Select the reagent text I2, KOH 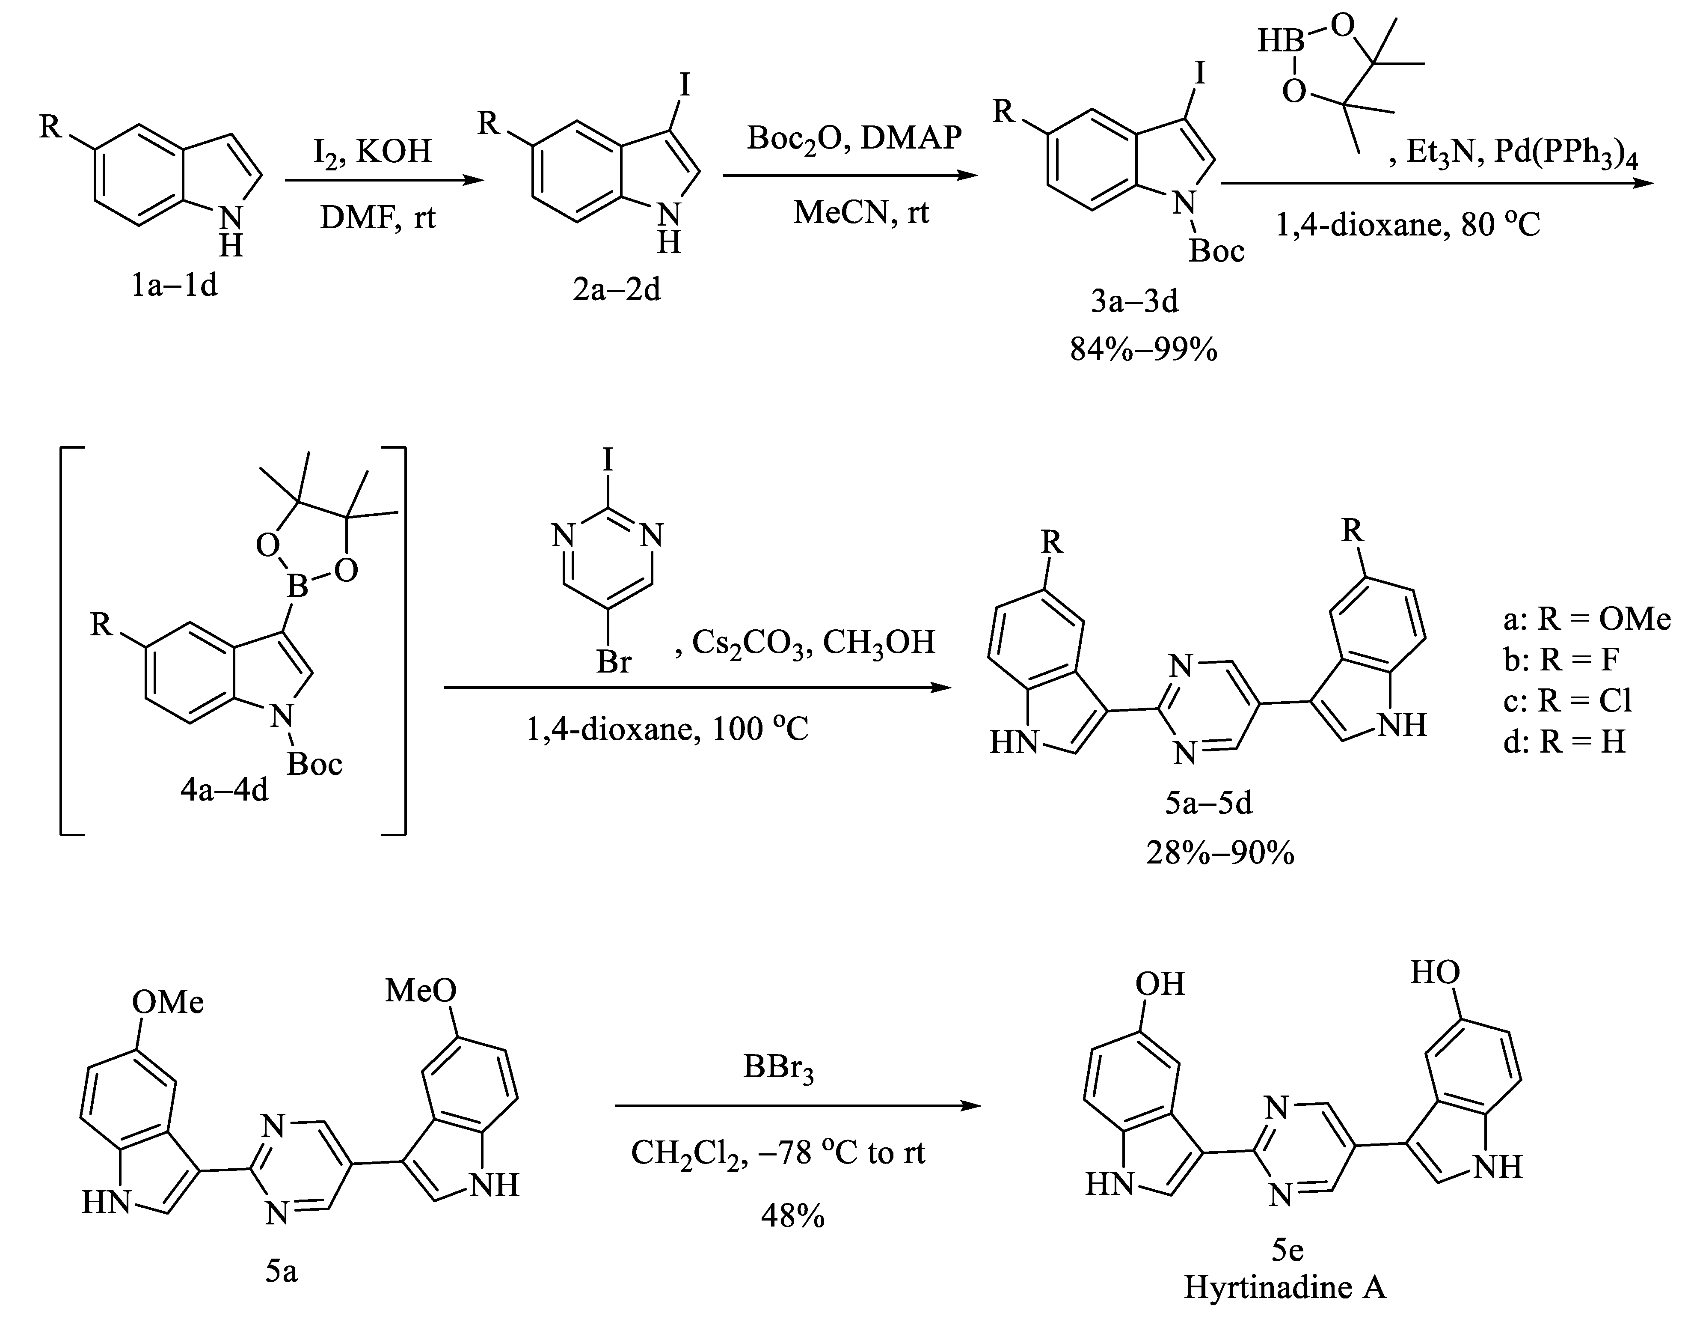coord(372,151)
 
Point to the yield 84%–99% coord(1143,350)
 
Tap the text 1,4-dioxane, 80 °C coord(1408,225)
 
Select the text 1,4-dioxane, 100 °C coord(667,729)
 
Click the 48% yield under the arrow coord(792,1217)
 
